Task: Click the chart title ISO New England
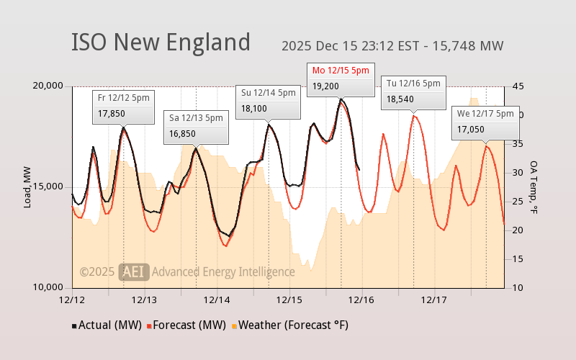161,42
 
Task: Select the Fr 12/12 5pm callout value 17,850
112,113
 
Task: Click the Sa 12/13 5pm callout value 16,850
182,133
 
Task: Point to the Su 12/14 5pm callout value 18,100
254,109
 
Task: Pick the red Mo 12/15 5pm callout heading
341,70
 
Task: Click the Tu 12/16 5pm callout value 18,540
400,99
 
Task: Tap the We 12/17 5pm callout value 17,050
471,130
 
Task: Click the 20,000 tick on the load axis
49,86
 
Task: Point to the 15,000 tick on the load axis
49,186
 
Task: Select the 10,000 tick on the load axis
49,287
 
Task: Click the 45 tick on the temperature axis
518,86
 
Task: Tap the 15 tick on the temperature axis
518,259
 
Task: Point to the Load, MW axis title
28,186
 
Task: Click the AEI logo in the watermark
134,271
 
